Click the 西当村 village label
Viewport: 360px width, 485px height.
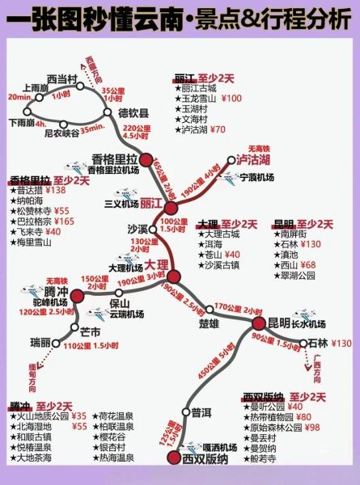(61, 78)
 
